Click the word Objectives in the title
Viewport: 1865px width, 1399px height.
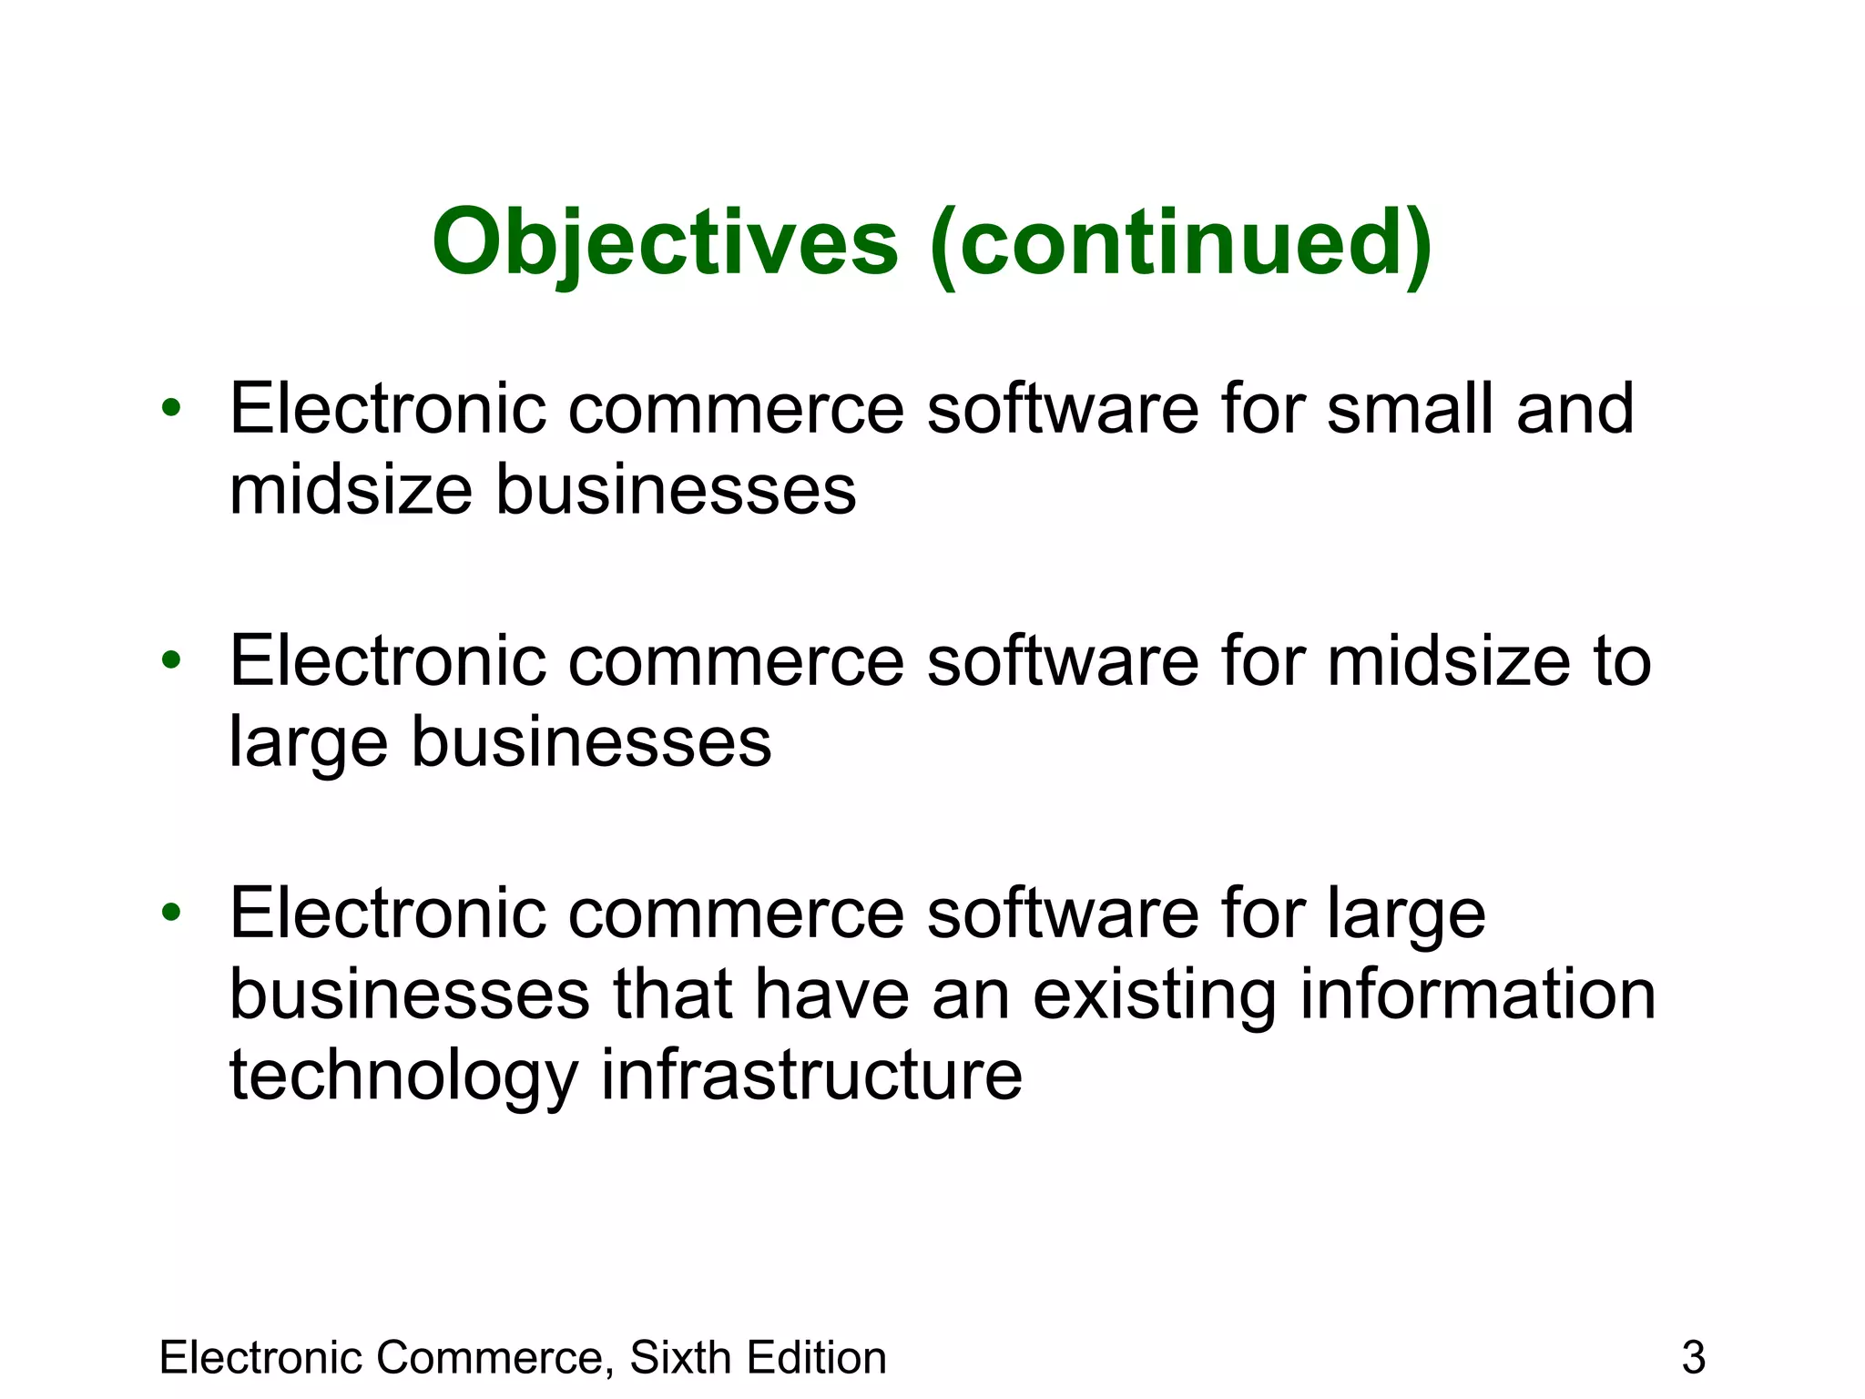[x=665, y=243]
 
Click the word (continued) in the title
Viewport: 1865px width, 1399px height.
[x=1181, y=243]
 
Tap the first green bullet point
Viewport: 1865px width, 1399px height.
[x=171, y=407]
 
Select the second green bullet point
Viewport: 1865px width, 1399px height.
[x=171, y=660]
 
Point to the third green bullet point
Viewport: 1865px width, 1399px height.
[x=171, y=912]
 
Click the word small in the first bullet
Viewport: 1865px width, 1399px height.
[x=1411, y=409]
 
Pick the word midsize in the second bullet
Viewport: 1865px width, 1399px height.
[x=1449, y=662]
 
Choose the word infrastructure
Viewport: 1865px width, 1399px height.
[x=811, y=1076]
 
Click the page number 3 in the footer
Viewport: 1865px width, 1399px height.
[x=1693, y=1358]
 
